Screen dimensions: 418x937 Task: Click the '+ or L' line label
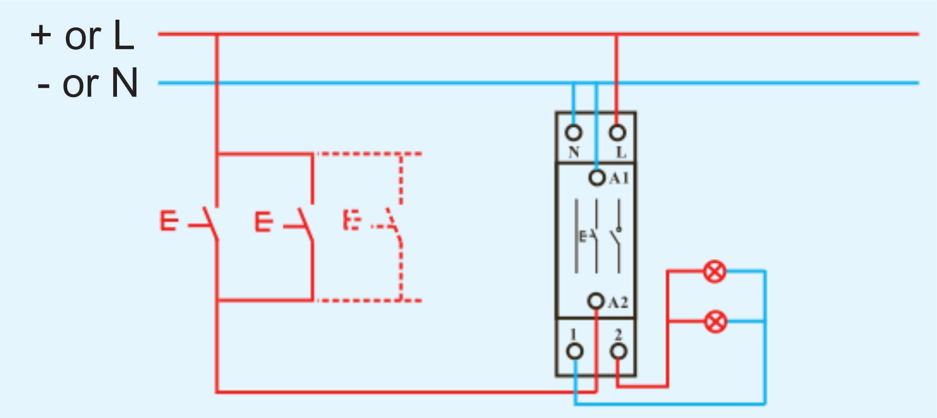[x=82, y=36]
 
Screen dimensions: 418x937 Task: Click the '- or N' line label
[x=87, y=84]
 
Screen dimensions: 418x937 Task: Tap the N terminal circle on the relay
[x=573, y=133]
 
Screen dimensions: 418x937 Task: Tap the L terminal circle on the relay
[x=617, y=133]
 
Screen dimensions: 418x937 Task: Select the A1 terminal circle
[x=597, y=178]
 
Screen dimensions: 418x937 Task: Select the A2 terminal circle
[x=596, y=301]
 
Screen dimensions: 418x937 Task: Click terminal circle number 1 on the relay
[x=575, y=352]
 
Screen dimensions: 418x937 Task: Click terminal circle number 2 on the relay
[x=618, y=352]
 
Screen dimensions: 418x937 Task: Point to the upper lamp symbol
[x=715, y=272]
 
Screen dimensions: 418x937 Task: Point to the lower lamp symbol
[x=716, y=322]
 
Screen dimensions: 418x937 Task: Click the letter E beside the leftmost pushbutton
[x=169, y=221]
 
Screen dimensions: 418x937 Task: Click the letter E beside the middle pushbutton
[x=264, y=222]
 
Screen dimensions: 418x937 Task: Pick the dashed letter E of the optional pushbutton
[x=352, y=220]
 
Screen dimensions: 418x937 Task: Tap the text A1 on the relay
[x=619, y=178]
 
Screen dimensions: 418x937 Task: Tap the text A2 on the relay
[x=618, y=303]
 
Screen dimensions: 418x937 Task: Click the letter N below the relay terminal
[x=574, y=152]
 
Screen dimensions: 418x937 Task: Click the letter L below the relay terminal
[x=621, y=152]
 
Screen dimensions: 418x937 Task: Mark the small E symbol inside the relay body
[x=583, y=237]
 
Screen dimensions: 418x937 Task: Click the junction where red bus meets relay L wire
[x=616, y=35]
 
